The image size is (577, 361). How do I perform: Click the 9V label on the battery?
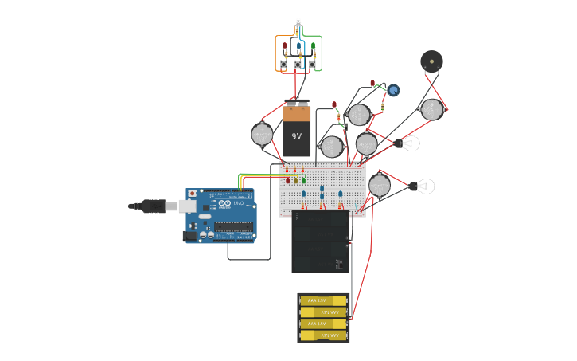point(297,136)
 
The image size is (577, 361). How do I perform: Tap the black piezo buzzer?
point(431,61)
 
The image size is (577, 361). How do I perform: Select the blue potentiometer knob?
point(393,90)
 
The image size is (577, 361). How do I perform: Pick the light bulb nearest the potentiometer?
point(408,143)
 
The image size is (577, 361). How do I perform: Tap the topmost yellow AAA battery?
point(323,300)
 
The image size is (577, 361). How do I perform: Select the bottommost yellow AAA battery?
point(323,335)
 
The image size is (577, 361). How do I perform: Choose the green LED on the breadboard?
point(303,181)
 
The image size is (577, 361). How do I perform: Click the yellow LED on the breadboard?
point(295,181)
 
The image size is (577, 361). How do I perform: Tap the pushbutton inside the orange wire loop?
point(283,65)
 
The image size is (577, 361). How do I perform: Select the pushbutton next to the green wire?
point(312,65)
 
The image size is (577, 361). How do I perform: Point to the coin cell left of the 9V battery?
point(262,134)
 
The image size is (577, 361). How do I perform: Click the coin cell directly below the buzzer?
point(431,110)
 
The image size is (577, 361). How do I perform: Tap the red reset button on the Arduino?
point(192,194)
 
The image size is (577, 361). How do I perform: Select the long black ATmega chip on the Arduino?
point(233,227)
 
